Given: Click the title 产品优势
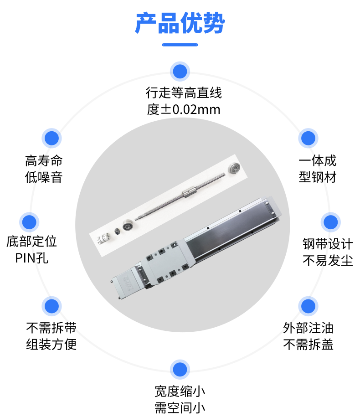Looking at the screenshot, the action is point(180,23).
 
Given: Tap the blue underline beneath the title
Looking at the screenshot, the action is point(180,45).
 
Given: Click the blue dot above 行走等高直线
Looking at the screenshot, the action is point(180,71).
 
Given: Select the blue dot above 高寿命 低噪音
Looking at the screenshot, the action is point(51,138).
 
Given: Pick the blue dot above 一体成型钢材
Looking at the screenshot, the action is point(308,138).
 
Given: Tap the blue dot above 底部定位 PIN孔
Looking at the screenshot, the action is point(29,222).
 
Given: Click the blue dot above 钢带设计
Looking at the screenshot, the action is point(330,222).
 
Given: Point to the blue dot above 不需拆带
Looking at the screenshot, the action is point(51,306).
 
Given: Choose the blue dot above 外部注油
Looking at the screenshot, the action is point(308,306).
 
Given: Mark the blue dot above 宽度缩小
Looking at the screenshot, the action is point(180,370).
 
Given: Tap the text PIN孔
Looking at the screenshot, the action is point(31,258).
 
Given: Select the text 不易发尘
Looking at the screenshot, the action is point(328,260).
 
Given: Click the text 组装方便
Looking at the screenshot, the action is point(51,345).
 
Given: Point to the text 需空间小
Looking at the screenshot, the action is point(180,408).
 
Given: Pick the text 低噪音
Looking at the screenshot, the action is point(44,177).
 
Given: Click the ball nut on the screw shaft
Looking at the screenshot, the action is point(190,192).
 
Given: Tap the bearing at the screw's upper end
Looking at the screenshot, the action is point(234,168).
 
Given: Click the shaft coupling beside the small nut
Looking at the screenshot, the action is point(104,238).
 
